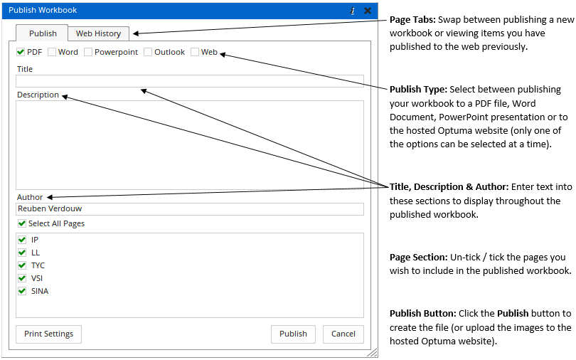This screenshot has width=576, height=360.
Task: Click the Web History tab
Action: [x=98, y=33]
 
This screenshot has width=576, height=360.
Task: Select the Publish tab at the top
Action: [x=42, y=33]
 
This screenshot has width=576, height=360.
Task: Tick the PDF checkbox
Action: [x=21, y=52]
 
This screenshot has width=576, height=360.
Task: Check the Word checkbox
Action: [x=52, y=52]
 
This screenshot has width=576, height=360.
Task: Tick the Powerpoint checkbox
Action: [x=88, y=52]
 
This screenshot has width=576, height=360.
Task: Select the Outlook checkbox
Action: [x=148, y=52]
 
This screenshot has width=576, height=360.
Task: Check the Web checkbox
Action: [x=195, y=52]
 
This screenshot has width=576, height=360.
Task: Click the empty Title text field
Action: [x=190, y=81]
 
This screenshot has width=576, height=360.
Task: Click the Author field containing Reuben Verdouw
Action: [x=190, y=209]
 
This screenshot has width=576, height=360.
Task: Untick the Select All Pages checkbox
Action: [x=22, y=223]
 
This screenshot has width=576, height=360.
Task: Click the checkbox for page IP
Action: [x=22, y=240]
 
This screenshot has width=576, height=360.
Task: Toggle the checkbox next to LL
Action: [x=22, y=253]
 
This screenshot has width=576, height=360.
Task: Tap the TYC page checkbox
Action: [x=22, y=265]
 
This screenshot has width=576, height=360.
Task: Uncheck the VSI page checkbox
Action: [x=22, y=278]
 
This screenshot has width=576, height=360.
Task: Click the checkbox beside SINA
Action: [x=22, y=291]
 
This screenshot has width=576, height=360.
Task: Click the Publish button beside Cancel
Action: [x=293, y=334]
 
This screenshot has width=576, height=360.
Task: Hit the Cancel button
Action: [x=343, y=334]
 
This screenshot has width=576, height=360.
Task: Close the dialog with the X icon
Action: [x=368, y=11]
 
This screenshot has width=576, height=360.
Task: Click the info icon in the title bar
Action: [x=352, y=11]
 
